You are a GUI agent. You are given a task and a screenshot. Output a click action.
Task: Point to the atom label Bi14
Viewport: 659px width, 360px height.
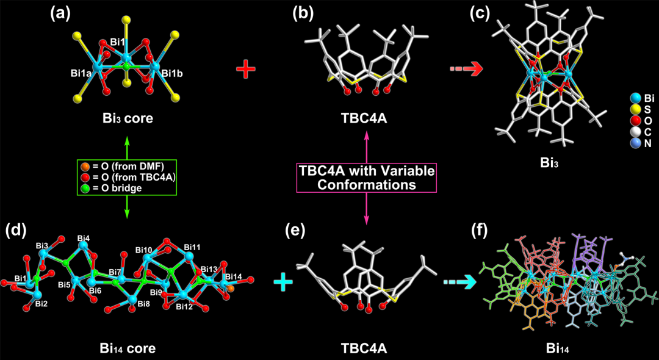coord(233,277)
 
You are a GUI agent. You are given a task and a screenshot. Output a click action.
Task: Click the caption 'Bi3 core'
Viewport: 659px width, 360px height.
coord(128,118)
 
